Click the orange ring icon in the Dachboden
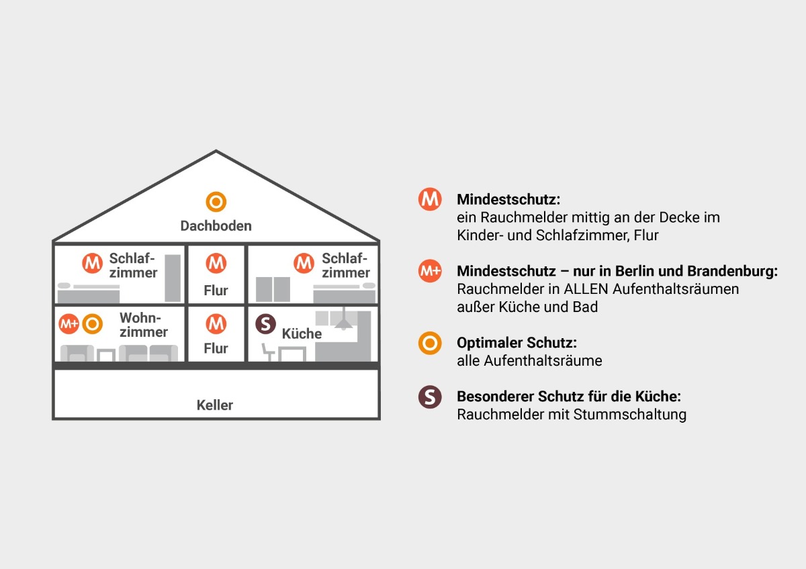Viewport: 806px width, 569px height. tap(216, 192)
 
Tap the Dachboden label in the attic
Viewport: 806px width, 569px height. tap(216, 225)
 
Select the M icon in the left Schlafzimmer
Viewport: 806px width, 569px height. tap(93, 263)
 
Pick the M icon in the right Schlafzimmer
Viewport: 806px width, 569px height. tap(304, 263)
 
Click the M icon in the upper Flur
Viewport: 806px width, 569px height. tap(216, 263)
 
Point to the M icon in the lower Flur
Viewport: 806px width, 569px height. tap(216, 323)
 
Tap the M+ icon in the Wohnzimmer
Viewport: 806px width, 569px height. tap(69, 324)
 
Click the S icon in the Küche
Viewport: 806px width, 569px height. tap(265, 324)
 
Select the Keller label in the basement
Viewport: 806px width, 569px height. tap(215, 405)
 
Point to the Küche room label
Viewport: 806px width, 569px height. tap(302, 333)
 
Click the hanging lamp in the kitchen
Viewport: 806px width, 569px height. tap(344, 319)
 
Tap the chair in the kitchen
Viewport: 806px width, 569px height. tap(268, 352)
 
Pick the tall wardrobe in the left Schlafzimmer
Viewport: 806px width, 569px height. tap(173, 278)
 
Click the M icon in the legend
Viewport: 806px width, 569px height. tap(430, 199)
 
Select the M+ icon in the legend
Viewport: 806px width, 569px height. tap(430, 270)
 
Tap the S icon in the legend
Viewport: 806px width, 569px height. tap(430, 397)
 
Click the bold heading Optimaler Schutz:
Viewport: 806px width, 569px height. tap(517, 343)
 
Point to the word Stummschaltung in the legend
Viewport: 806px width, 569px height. tap(630, 415)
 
